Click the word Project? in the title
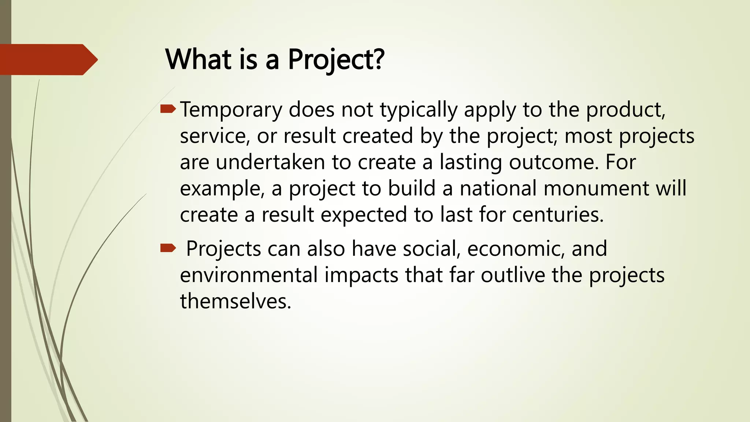336,59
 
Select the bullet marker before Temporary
168,108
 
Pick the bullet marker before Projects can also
168,249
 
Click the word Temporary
231,110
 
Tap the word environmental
249,275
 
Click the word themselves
235,301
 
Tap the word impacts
361,275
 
